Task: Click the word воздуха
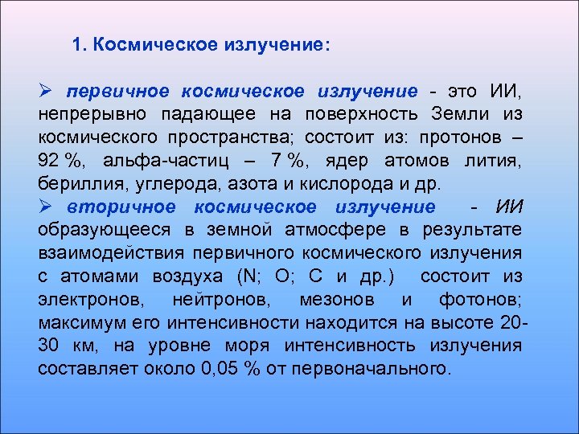[187, 276]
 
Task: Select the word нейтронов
[222, 300]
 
